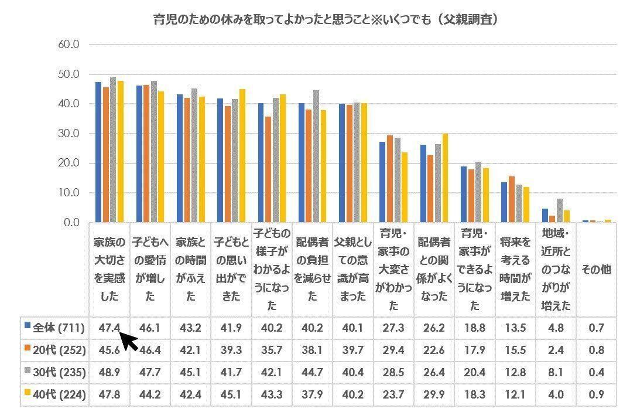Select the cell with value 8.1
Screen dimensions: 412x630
[x=556, y=373]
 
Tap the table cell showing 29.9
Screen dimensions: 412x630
[x=434, y=395]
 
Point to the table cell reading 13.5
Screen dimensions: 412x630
[x=515, y=327]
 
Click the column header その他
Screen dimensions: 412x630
[x=596, y=270]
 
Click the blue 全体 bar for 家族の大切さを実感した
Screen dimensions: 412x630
[x=98, y=152]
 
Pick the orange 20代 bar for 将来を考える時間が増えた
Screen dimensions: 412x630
[x=512, y=199]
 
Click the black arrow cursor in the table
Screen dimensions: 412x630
[x=129, y=341]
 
